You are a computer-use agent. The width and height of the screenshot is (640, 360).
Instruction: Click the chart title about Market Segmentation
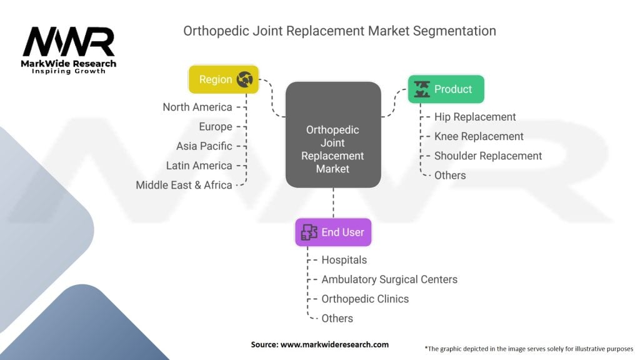point(339,31)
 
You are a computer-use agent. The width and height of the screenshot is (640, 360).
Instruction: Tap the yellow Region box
point(223,79)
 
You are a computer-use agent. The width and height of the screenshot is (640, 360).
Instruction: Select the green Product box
point(446,89)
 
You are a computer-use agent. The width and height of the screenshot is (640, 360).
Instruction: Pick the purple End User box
point(333,232)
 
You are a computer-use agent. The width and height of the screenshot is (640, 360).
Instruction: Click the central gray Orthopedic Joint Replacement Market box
point(332,134)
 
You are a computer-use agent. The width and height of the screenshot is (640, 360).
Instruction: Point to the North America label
point(197,107)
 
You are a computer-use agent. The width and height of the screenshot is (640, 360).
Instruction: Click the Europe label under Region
point(216,126)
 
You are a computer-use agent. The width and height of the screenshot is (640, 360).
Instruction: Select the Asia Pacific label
point(204,146)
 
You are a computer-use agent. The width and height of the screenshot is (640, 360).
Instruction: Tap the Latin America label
point(199,166)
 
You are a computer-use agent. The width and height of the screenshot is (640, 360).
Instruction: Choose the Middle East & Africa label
point(184,185)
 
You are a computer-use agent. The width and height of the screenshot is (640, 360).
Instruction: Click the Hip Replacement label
point(475,117)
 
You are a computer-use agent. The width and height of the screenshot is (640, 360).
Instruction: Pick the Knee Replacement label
point(479,136)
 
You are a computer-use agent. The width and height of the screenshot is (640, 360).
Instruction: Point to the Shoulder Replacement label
point(488,156)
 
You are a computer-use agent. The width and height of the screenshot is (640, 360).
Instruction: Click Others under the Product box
point(450,175)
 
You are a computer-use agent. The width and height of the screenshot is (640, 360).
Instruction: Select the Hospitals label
point(344,259)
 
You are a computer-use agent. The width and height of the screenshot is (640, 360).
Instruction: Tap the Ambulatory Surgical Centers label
point(389,279)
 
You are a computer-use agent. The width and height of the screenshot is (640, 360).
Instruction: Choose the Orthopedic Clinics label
point(365,299)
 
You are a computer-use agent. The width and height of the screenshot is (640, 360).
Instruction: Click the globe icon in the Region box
point(245,79)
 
